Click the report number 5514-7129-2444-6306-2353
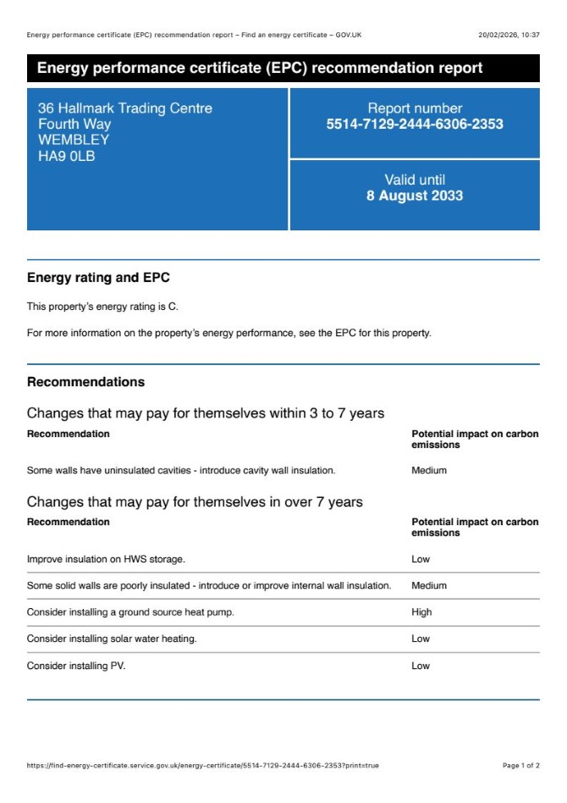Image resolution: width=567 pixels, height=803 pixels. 415,125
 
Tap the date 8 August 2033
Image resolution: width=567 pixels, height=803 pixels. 415,196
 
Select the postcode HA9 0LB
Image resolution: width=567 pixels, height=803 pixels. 67,155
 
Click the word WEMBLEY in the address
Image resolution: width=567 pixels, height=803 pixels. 74,140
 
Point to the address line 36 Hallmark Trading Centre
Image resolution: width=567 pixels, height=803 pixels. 125,108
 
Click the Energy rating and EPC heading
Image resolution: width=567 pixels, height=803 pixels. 98,278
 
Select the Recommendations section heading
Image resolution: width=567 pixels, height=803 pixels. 85,382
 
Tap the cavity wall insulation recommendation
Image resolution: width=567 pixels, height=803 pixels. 181,470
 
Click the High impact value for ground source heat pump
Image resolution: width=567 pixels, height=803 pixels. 421,612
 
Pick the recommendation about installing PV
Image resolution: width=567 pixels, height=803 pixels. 76,666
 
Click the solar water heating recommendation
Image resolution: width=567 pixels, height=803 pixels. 112,639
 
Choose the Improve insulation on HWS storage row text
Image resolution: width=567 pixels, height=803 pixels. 106,559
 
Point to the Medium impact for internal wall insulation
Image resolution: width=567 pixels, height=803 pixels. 429,585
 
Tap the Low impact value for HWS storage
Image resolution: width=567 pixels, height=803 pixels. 421,559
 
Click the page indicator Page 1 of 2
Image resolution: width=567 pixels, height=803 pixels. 520,766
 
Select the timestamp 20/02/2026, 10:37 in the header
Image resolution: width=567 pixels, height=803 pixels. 509,35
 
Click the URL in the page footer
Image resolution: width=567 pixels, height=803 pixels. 203,766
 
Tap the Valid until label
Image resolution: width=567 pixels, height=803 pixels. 415,180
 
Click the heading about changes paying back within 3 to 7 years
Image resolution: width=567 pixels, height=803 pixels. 206,413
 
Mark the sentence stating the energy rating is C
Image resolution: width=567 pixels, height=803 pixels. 103,307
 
